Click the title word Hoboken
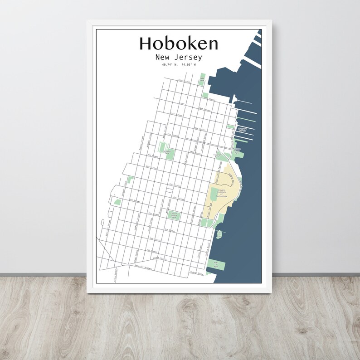coord(179,43)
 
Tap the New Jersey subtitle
coord(179,58)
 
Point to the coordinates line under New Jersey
coord(179,65)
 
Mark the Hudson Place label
coord(196,273)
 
